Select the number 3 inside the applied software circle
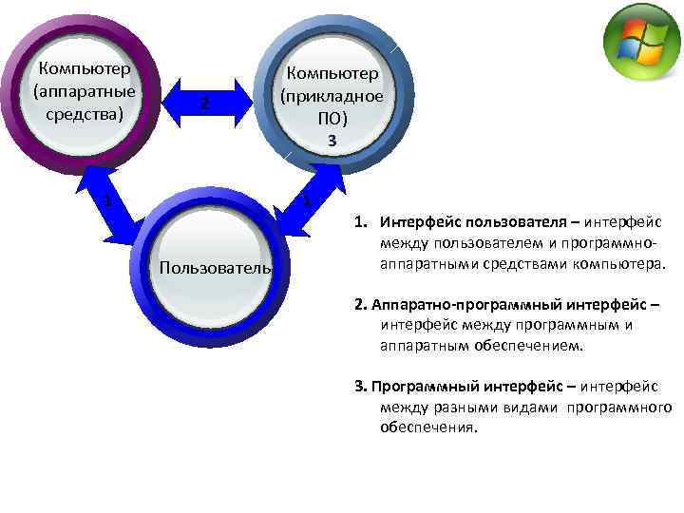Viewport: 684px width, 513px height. coord(332,141)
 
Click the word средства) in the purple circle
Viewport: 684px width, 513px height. coord(84,114)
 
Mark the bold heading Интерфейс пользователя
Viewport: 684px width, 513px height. coord(463,222)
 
